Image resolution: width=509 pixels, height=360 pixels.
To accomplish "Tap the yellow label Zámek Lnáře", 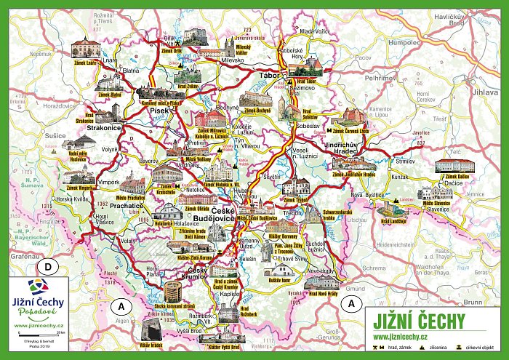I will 86,63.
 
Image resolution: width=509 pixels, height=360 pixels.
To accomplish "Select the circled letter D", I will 49,267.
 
